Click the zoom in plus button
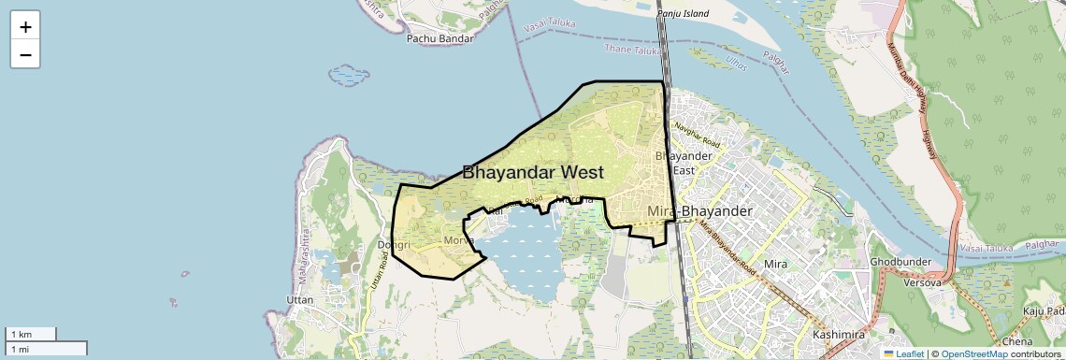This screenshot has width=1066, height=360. click(x=25, y=27)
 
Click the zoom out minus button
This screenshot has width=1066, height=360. click(x=25, y=55)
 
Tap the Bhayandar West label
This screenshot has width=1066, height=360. click(x=533, y=172)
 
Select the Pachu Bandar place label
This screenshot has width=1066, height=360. click(x=440, y=39)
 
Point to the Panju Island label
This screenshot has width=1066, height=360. click(x=683, y=13)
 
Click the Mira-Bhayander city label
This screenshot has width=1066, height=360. click(x=699, y=211)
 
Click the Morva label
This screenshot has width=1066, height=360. click(x=458, y=240)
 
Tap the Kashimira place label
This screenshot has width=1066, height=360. click(x=837, y=334)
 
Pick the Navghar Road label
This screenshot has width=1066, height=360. click(x=698, y=136)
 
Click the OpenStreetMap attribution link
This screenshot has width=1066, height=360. click(x=973, y=353)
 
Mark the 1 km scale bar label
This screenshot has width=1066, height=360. click(x=21, y=334)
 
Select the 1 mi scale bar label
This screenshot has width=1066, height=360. click(x=21, y=349)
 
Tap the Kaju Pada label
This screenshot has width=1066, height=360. click(x=1044, y=310)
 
